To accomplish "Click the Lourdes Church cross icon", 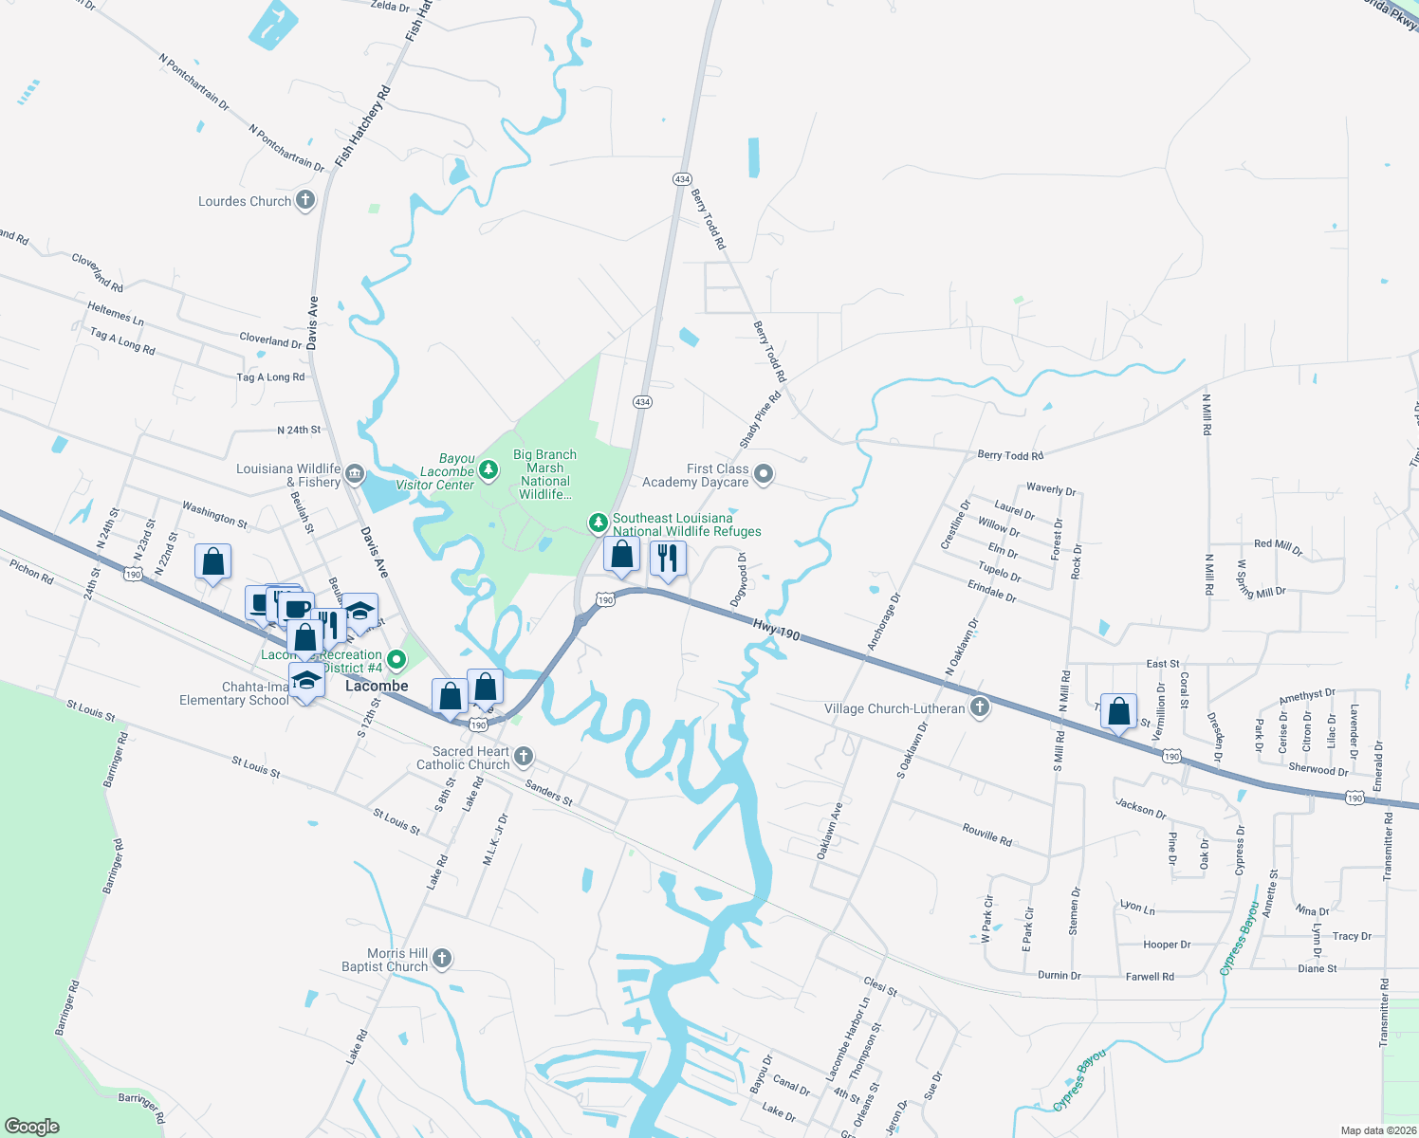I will click(304, 200).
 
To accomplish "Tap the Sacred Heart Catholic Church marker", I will click(523, 757).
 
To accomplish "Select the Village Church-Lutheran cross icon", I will click(980, 707).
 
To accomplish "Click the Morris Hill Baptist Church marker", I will click(441, 959).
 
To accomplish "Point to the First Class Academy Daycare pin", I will click(764, 474).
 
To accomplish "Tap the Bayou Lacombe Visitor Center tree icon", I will click(488, 469).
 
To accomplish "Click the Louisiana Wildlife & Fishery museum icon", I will click(354, 474).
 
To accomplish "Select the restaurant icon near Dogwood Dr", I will click(668, 560).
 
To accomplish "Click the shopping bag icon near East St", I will click(1118, 711).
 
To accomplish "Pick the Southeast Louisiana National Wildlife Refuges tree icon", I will click(598, 523).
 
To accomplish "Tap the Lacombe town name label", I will click(377, 686).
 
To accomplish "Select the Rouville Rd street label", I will click(986, 835).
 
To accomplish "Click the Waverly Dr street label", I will click(1051, 489).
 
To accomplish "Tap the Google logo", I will click(31, 1126).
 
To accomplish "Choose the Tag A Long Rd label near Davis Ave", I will click(270, 377).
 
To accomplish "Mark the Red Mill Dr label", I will click(1278, 547).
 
